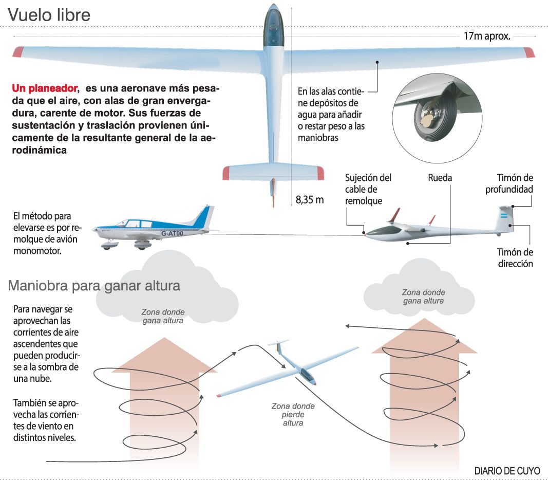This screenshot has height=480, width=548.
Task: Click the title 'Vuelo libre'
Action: pos(49,15)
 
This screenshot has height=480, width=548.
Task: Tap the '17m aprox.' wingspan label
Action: pos(486,36)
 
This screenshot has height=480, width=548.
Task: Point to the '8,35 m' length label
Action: pos(310,200)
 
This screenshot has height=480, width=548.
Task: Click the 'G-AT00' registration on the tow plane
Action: pos(172,234)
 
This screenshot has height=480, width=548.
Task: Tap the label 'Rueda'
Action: pos(440,178)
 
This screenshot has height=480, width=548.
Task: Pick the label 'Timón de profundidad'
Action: pos(509,183)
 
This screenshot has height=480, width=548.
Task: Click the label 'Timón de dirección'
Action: pos(515,258)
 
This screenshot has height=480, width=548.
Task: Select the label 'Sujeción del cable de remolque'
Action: pos(368,189)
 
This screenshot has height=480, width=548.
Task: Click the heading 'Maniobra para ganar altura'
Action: pos(94,286)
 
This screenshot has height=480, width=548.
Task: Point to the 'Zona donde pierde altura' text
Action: pos(293,414)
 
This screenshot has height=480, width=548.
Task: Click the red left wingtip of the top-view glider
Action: pos(18,51)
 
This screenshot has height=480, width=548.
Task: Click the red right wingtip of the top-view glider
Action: pos(529,52)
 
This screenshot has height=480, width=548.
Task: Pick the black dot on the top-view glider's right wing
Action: pos(378,62)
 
